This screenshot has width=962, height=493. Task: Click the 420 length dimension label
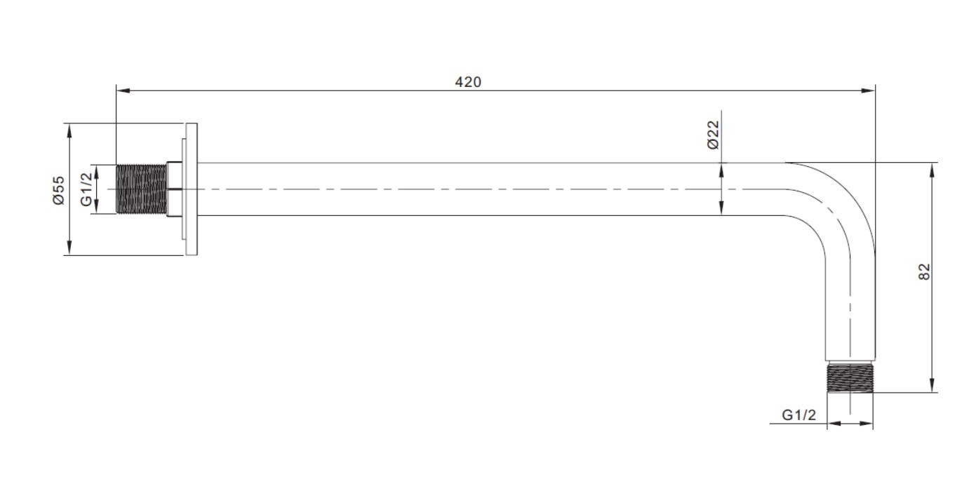click(468, 82)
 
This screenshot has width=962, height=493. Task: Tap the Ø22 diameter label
click(713, 135)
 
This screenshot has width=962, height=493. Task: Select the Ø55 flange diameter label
click(58, 190)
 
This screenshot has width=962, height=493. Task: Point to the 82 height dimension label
click(924, 271)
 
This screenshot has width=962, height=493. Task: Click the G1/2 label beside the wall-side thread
click(86, 189)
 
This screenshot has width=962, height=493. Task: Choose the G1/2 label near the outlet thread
click(799, 415)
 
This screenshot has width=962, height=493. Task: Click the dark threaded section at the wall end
click(141, 189)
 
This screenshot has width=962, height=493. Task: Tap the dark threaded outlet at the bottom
click(850, 378)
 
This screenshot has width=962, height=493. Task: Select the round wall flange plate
click(192, 189)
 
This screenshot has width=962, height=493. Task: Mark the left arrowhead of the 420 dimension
click(123, 90)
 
